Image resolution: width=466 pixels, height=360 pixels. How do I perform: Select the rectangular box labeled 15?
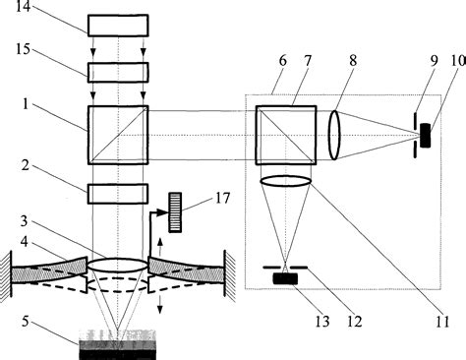coord(117,72)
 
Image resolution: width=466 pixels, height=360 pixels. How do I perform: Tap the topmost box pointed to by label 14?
coord(117,25)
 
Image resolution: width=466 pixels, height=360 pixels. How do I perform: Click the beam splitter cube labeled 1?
coord(117,136)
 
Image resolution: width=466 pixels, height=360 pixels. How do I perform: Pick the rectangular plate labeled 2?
coord(117,193)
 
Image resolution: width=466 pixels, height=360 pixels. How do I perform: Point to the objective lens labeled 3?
coord(117,267)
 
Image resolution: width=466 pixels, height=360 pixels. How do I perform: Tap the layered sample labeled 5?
coord(117,340)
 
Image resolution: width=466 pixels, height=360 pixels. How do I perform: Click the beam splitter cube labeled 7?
coord(286,136)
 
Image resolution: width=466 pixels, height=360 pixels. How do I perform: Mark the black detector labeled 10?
coord(425,136)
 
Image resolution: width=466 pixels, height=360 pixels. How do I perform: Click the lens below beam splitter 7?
coord(286,181)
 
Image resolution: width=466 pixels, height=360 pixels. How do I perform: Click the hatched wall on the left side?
coord(6,270)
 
